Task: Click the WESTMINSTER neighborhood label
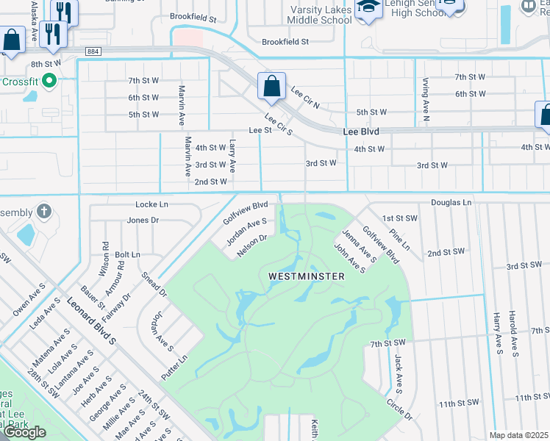(x=307, y=276)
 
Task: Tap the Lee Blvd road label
(x=361, y=131)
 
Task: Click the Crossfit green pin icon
(x=50, y=80)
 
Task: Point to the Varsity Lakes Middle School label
(x=321, y=15)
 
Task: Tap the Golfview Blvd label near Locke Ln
(x=245, y=213)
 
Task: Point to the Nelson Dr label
(x=251, y=246)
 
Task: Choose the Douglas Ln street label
(x=451, y=202)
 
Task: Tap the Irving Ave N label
(x=426, y=99)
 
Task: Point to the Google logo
(x=24, y=432)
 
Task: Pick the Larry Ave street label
(x=232, y=157)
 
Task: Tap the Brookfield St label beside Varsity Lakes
(x=285, y=43)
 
